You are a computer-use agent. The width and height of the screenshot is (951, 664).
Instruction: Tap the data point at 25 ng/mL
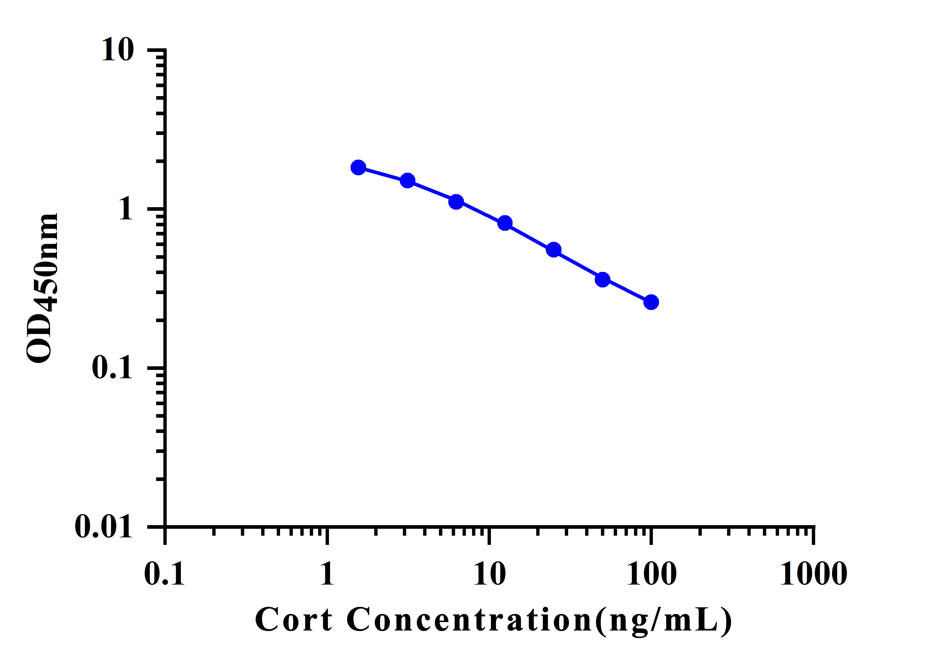(x=554, y=250)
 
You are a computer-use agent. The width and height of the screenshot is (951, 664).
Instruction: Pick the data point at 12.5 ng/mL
(x=505, y=223)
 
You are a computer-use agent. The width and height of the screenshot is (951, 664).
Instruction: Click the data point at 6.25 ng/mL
(x=456, y=202)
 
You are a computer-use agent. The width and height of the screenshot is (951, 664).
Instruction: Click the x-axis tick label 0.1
(x=164, y=574)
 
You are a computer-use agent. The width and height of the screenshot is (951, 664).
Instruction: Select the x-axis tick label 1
(x=327, y=574)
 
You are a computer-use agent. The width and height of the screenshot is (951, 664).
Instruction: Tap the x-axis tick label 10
(x=490, y=574)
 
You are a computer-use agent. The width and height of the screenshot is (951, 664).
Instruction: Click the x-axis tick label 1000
(x=814, y=574)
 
